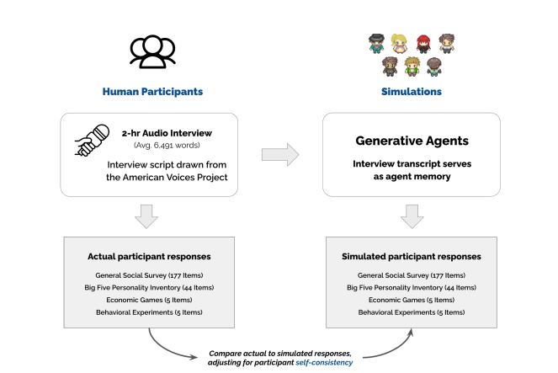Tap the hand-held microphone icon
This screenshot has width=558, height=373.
point(90,143)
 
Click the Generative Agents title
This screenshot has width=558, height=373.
point(411,140)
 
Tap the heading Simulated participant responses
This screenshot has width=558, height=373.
point(411,256)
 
